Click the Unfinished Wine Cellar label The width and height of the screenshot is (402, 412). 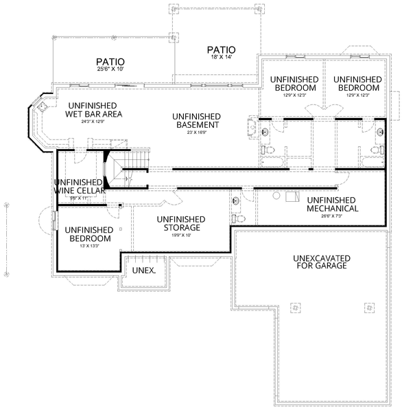tap(78, 186)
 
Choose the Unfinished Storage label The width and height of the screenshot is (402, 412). tap(181, 223)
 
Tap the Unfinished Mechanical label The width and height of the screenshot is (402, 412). tap(332, 204)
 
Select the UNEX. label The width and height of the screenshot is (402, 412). tap(143, 271)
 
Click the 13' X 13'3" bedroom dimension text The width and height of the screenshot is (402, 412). tap(85, 246)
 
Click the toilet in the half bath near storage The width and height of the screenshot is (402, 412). tap(241, 218)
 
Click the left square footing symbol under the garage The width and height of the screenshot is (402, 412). tap(296, 307)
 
